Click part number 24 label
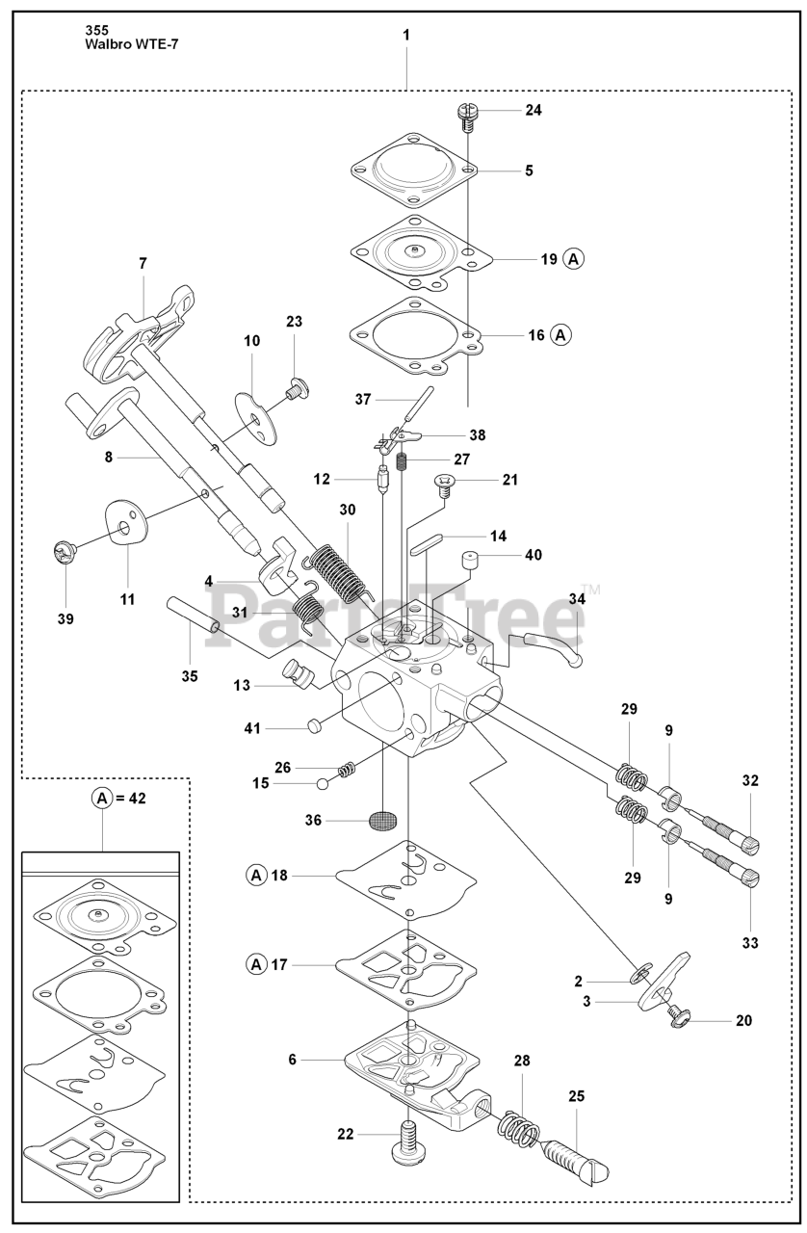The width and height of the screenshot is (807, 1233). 533,110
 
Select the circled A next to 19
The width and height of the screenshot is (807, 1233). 574,259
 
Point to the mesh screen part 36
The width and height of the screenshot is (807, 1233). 383,821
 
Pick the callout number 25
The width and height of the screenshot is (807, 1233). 576,1095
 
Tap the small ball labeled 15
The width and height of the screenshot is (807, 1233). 321,784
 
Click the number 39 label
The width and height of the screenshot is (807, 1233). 65,617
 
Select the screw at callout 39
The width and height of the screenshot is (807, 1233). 63,553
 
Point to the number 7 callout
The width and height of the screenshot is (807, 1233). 143,262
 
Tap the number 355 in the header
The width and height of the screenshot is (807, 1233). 97,30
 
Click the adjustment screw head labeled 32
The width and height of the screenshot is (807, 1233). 749,843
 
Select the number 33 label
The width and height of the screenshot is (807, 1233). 749,943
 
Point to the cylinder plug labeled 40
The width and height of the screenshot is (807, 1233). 470,560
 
